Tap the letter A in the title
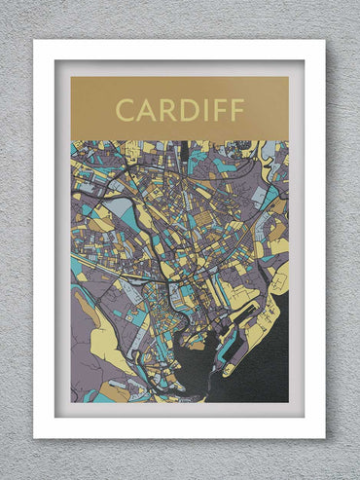(x=147, y=109)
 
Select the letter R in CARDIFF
(x=169, y=109)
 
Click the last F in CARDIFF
(x=237, y=109)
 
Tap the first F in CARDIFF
(x=221, y=109)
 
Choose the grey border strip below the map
(x=179, y=410)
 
